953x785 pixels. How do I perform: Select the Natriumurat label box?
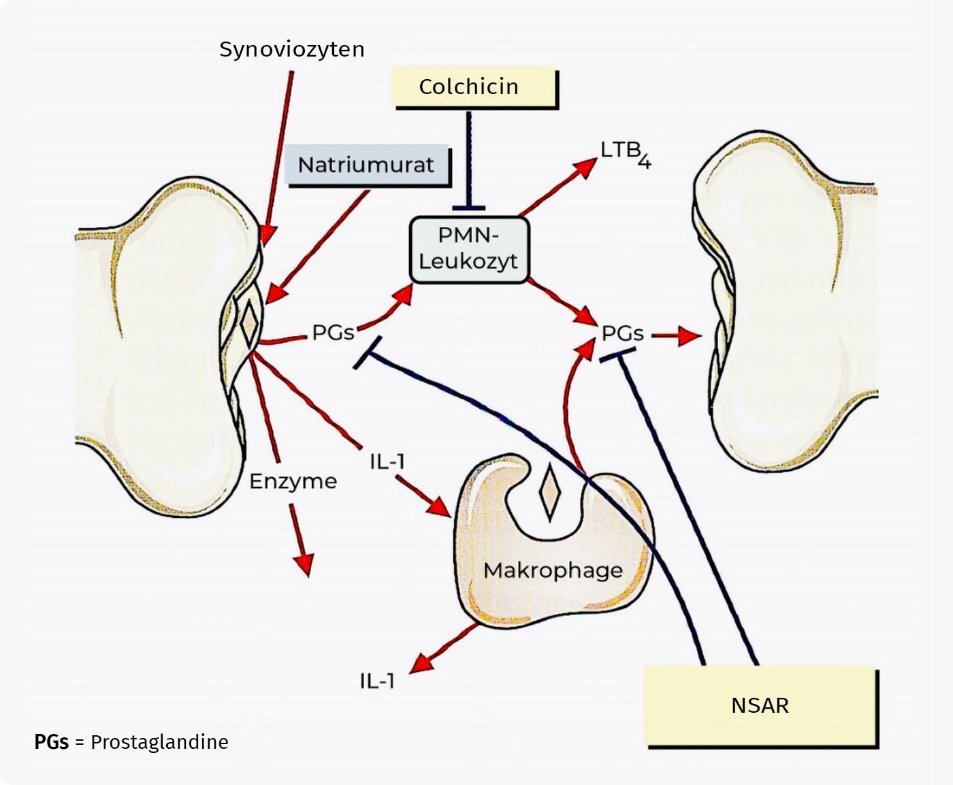[x=368, y=165]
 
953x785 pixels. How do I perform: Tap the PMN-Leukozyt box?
[x=469, y=250]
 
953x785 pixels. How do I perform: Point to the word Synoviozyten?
[x=291, y=49]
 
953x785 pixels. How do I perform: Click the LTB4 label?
[x=626, y=154]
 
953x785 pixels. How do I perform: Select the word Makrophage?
[x=553, y=570]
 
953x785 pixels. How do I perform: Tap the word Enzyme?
[x=293, y=481]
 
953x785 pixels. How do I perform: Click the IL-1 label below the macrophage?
[x=377, y=681]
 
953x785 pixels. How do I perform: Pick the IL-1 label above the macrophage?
[x=387, y=462]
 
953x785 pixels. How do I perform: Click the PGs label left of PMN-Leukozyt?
[x=333, y=333]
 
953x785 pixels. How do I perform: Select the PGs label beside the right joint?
[x=622, y=333]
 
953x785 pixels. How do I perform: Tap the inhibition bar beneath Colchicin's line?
[x=469, y=208]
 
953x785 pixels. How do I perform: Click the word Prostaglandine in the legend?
[x=159, y=743]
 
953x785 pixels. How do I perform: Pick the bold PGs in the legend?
[x=52, y=742]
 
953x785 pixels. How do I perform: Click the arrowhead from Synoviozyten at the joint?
[x=268, y=234]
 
